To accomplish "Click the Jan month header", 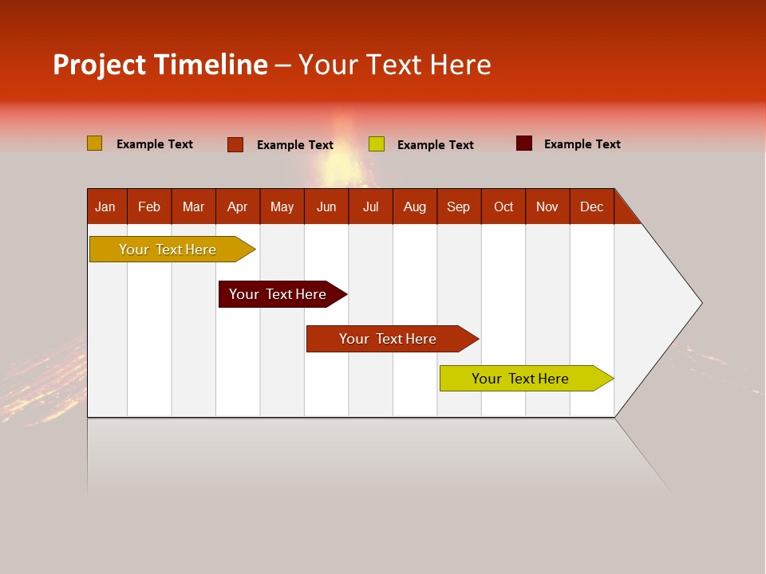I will pyautogui.click(x=105, y=206).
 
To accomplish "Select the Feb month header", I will pyautogui.click(x=149, y=206).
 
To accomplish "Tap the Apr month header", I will pyautogui.click(x=237, y=206).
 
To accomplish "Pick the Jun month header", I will pyautogui.click(x=326, y=206).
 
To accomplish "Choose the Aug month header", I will pyautogui.click(x=414, y=206).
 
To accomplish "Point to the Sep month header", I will pyautogui.click(x=458, y=206).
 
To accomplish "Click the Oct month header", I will pyautogui.click(x=503, y=206).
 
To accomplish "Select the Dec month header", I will pyautogui.click(x=591, y=206).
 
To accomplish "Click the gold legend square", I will pyautogui.click(x=94, y=143).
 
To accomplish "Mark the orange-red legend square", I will pyautogui.click(x=235, y=144).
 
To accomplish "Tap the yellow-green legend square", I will pyautogui.click(x=377, y=144).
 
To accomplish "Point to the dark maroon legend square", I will pyautogui.click(x=523, y=143).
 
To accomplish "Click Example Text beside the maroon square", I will pyautogui.click(x=582, y=144).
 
